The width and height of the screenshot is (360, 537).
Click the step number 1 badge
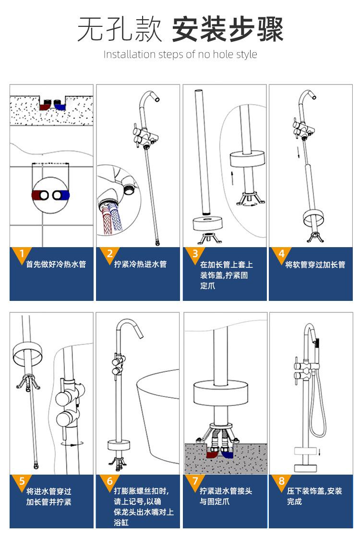[22, 254]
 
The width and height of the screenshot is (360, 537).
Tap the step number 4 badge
[281, 254]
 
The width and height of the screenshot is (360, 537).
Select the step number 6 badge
[109, 481]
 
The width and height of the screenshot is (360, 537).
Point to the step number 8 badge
[281, 481]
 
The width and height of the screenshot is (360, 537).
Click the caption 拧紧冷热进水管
[141, 264]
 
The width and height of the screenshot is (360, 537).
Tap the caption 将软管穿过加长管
[315, 264]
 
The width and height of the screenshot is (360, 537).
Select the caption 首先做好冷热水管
[56, 264]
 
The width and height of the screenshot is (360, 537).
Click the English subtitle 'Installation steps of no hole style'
[180, 54]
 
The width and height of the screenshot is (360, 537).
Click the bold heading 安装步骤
[228, 29]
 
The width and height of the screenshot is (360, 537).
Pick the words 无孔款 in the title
[120, 29]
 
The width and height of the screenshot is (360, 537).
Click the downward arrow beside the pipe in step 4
[298, 151]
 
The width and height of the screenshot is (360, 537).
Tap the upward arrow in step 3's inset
[232, 178]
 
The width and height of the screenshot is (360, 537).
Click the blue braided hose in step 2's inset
[115, 217]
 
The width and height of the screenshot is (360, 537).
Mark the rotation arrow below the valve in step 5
[72, 444]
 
